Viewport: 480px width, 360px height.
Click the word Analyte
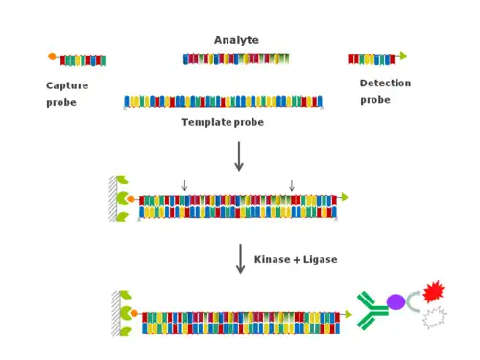click(x=236, y=40)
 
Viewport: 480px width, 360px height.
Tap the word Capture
click(x=67, y=85)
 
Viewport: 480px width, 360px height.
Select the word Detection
click(x=385, y=84)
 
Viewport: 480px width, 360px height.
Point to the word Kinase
click(x=272, y=259)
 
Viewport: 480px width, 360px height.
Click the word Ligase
click(x=320, y=259)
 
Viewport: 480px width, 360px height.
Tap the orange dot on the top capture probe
click(x=52, y=56)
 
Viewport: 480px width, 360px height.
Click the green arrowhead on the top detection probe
click(x=403, y=56)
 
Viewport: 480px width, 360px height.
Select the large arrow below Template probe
click(x=239, y=156)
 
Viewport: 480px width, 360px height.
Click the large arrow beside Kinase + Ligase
click(x=241, y=259)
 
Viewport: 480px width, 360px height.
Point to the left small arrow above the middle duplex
click(x=184, y=185)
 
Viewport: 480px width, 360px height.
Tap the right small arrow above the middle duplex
click(x=292, y=185)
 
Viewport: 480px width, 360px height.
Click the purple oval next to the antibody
click(x=396, y=301)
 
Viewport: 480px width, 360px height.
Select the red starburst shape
click(x=434, y=292)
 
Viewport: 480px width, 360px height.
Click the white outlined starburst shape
click(x=435, y=318)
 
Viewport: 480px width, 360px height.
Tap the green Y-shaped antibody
click(x=372, y=310)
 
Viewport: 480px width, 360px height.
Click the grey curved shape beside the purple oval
click(x=410, y=301)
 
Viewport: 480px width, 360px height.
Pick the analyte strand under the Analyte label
click(x=236, y=59)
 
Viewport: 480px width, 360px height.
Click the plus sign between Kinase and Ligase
click(x=297, y=260)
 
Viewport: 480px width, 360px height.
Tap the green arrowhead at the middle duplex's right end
click(x=345, y=197)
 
